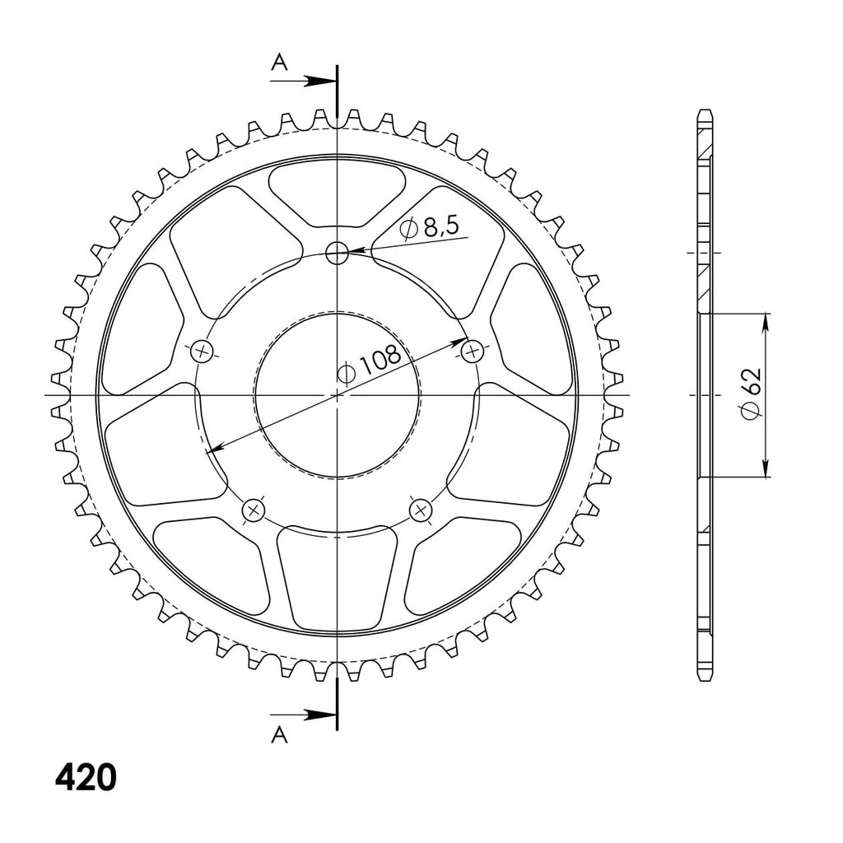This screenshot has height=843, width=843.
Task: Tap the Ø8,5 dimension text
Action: point(430,229)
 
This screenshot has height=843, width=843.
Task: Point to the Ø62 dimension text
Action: point(751,394)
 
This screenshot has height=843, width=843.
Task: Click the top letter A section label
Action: point(279,63)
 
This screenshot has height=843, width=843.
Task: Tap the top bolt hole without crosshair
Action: point(337,252)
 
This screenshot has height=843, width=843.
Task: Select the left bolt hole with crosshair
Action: point(203,352)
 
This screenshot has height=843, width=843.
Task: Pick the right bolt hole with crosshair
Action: point(473,352)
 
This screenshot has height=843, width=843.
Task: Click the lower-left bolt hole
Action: point(254,510)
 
